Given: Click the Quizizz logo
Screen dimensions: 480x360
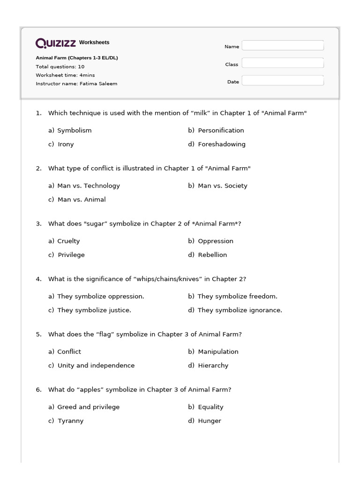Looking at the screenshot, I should [x=56, y=43].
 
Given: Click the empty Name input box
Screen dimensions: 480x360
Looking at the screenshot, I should [x=283, y=45].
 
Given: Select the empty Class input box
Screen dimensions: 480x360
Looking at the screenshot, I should [x=283, y=63].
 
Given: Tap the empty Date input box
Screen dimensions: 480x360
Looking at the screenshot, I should [x=283, y=81].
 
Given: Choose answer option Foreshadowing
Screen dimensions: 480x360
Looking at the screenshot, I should [x=221, y=144].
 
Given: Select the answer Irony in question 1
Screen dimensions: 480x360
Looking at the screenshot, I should [x=66, y=144].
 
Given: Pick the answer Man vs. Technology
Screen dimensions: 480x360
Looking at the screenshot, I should [x=88, y=186].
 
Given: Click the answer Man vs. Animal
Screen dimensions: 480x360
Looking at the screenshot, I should [x=82, y=200].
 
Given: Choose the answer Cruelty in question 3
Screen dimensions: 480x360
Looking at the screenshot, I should [x=68, y=241].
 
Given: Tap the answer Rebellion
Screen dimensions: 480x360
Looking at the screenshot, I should [x=212, y=255].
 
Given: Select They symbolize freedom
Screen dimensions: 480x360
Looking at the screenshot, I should [x=237, y=296].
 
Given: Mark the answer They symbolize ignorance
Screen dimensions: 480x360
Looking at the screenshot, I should [x=240, y=310].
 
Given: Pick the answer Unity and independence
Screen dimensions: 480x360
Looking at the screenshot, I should [x=96, y=366].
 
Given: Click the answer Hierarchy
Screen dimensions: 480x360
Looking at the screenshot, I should [x=213, y=366].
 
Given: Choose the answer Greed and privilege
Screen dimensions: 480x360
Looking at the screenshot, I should [x=88, y=407].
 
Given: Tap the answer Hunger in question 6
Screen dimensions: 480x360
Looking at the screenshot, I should [x=210, y=421].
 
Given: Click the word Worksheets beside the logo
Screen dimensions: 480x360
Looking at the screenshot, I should [x=94, y=43].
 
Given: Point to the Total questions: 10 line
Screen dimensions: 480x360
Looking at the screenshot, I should [x=60, y=67].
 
